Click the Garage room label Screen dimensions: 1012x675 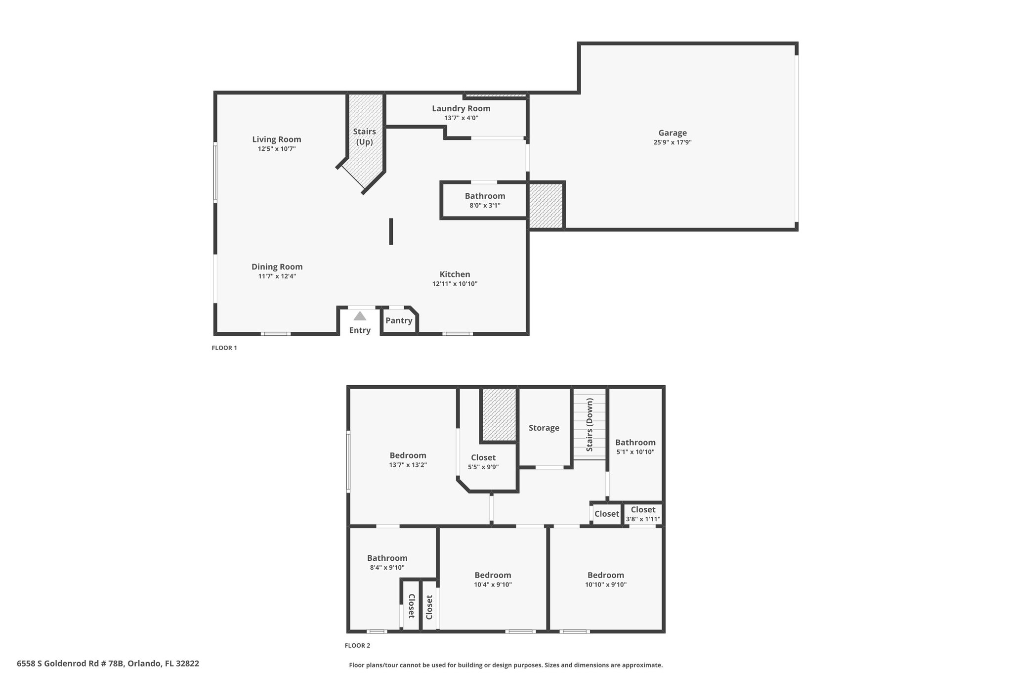tap(673, 133)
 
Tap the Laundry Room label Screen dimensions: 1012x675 tap(461, 109)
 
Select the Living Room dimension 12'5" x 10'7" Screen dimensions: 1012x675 tap(277, 149)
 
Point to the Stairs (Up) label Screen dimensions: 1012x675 tap(365, 136)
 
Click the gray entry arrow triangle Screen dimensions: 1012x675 tap(360, 315)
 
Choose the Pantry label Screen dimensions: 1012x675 tap(399, 320)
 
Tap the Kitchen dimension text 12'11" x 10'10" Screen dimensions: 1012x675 tap(455, 284)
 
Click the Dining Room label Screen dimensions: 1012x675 tap(277, 267)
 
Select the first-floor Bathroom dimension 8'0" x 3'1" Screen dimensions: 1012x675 tap(485, 206)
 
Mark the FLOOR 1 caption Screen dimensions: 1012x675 tap(224, 348)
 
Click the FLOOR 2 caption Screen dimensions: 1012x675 tap(357, 646)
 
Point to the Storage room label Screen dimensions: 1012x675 tap(544, 428)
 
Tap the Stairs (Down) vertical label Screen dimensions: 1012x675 tap(590, 425)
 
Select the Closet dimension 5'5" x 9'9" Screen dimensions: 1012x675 tap(483, 467)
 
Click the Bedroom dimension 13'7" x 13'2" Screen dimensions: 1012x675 tap(408, 465)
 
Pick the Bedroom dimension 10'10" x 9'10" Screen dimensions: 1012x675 tap(606, 585)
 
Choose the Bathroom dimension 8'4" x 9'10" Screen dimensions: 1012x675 tap(387, 568)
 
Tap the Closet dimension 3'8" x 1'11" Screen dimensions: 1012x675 tap(643, 519)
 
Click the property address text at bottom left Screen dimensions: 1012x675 tap(108, 664)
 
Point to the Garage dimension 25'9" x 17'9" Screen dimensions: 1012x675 tap(673, 142)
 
